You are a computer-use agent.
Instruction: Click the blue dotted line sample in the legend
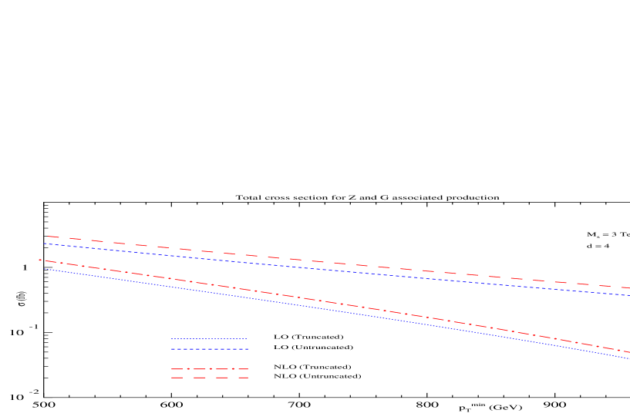(x=209, y=338)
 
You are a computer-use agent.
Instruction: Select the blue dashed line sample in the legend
(x=209, y=349)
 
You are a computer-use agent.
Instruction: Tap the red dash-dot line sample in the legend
(x=209, y=369)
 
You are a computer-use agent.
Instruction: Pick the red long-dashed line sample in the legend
(x=209, y=378)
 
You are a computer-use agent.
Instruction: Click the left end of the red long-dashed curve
(x=49, y=237)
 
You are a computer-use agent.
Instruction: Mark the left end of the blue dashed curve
(x=45, y=244)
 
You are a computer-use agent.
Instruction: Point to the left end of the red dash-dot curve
(x=39, y=260)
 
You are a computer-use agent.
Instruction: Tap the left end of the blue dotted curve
(x=45, y=269)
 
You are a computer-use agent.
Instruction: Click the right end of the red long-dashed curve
(x=628, y=288)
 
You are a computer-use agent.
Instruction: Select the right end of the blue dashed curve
(x=628, y=295)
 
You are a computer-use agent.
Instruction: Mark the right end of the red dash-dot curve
(x=628, y=352)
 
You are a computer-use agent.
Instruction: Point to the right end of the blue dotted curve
(x=628, y=358)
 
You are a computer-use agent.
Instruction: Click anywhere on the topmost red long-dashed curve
(x=308, y=260)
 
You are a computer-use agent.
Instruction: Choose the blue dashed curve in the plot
(x=308, y=268)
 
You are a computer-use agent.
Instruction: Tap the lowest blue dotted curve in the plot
(x=308, y=307)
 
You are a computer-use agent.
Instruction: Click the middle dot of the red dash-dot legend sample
(x=210, y=369)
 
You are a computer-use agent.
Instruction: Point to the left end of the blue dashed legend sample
(x=172, y=349)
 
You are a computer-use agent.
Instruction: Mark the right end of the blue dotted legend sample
(x=247, y=338)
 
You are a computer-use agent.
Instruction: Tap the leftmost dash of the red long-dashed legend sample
(x=177, y=378)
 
